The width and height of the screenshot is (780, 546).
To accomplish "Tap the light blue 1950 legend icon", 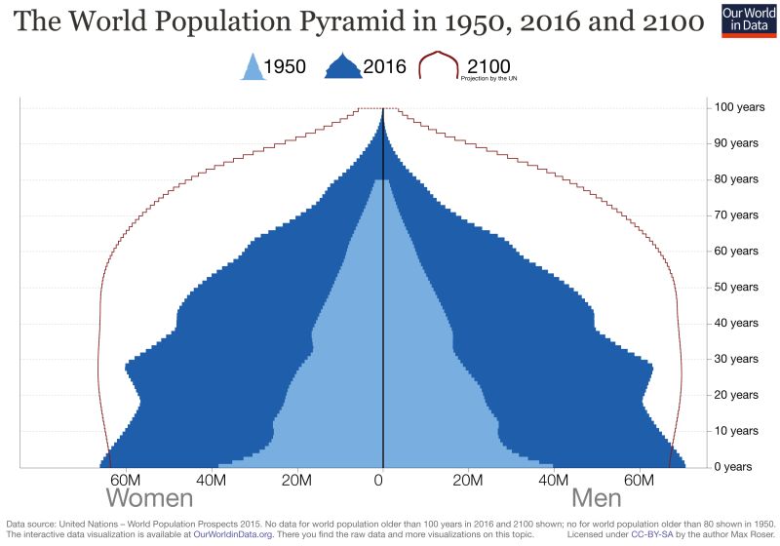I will point(253,66).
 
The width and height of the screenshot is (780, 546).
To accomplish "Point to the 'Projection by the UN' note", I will point(488,79).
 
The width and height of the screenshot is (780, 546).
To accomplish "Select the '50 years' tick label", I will point(732,287).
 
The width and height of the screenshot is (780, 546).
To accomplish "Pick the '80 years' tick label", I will point(732,179).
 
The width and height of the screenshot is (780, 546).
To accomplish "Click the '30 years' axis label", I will point(732,359).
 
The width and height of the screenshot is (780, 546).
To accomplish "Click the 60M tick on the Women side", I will point(125,480).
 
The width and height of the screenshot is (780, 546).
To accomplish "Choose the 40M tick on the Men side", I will point(554,480).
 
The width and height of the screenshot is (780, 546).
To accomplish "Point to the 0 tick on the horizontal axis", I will point(382,480).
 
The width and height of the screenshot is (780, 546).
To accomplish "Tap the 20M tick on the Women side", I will point(296,480).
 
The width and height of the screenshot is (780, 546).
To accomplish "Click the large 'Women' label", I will point(149,498).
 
